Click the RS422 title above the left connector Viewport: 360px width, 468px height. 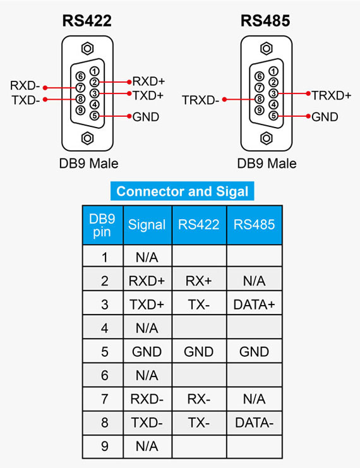[x=87, y=21]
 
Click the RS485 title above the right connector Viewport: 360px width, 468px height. [x=265, y=21]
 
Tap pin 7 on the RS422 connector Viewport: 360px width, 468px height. [x=80, y=88]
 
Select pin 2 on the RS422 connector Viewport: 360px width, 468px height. [x=94, y=82]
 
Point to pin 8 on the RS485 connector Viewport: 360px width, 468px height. [x=259, y=99]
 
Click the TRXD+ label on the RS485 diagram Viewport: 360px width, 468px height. [x=332, y=95]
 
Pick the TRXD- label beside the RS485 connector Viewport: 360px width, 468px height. [x=200, y=100]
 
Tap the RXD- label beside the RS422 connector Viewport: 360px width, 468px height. [x=25, y=86]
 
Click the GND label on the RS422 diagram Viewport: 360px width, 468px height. [x=146, y=117]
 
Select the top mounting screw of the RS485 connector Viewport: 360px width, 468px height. [x=267, y=49]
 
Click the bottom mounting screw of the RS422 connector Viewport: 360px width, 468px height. [x=87, y=138]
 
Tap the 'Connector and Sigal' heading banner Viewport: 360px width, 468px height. [x=182, y=191]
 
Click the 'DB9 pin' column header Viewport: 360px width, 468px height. [x=102, y=225]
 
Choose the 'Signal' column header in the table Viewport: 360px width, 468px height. [x=147, y=224]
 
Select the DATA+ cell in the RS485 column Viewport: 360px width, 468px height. [x=254, y=304]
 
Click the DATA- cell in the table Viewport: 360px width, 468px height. [x=254, y=423]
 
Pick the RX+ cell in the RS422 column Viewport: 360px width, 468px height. [x=198, y=281]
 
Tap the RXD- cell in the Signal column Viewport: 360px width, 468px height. [x=147, y=399]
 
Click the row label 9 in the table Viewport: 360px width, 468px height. [x=104, y=447]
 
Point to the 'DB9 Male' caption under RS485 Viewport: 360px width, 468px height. [x=267, y=163]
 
